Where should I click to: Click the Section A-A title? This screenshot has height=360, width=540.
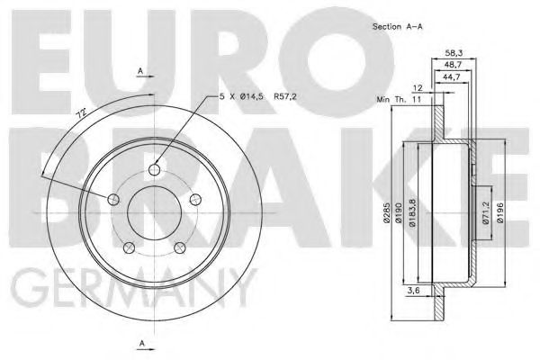click(x=398, y=27)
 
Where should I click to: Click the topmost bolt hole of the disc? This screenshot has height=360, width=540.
click(x=155, y=170)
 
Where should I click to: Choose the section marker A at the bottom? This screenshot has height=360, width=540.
click(x=140, y=343)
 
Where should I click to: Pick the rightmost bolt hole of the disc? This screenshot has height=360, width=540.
click(x=194, y=199)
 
